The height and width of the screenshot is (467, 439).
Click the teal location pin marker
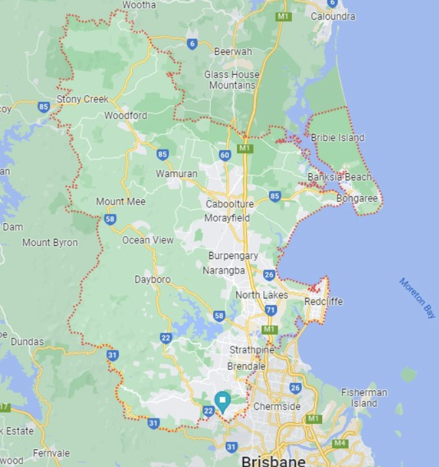pos(222,400)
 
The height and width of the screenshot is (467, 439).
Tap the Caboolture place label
pos(230,204)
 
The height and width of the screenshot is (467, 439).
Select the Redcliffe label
pos(324,302)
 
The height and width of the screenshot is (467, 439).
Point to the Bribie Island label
pos(337,138)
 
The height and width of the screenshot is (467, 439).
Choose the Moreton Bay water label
pos(417,298)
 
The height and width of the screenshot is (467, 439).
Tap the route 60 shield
pos(225,155)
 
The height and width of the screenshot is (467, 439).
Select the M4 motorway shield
pos(339,443)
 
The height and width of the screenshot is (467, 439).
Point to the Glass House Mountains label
pos(232,80)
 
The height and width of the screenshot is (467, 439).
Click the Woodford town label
pos(125,115)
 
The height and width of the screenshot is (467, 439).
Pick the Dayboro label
pos(152,279)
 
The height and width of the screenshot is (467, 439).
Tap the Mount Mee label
pos(121,201)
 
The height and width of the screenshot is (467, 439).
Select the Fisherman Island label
pos(364,397)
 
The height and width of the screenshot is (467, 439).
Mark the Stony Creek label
pos(82,99)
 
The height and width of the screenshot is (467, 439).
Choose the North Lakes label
pos(262,295)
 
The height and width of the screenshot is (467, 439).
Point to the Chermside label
pos(277,407)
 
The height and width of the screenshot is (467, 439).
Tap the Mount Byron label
pos(50,243)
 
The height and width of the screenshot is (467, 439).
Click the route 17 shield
pos(5,407)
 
